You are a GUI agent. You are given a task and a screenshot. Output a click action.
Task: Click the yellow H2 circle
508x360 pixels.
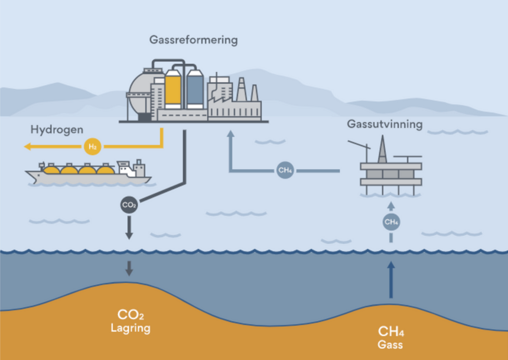(x=92, y=145)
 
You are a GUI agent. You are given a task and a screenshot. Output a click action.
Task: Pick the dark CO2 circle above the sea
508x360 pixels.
(x=129, y=205)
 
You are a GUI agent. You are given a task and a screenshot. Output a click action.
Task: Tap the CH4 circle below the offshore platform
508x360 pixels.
(x=390, y=222)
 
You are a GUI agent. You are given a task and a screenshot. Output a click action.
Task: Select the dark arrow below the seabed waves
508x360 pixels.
(x=129, y=268)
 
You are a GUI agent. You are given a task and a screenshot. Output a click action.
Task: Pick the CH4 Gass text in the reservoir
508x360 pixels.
(x=390, y=337)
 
